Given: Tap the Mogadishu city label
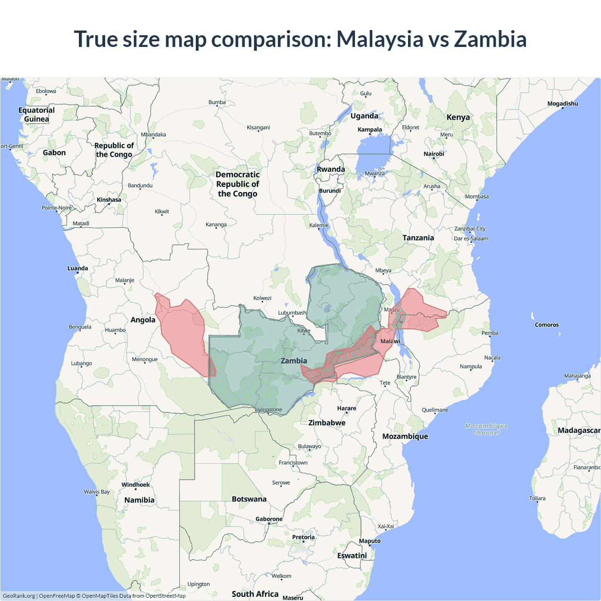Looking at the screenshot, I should [562, 104].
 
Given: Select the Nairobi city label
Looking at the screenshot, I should [433, 154].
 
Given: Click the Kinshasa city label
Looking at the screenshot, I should [109, 200].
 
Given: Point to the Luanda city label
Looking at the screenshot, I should [77, 269].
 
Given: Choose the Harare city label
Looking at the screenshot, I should [347, 408].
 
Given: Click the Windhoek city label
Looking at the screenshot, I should [136, 485].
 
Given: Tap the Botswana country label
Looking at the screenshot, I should [249, 499].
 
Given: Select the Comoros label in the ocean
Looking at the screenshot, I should [547, 325].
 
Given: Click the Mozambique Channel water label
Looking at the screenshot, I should [486, 429].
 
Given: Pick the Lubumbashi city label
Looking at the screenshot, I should [292, 313].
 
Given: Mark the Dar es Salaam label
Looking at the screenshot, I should [471, 239].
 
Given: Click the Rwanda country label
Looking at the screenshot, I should [331, 170].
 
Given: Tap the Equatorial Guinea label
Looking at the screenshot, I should [37, 115].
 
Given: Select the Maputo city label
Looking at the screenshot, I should [370, 541].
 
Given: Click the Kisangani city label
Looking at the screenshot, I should [258, 128].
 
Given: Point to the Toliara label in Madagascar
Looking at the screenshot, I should [537, 499].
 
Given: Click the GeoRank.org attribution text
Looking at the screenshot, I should [19, 596].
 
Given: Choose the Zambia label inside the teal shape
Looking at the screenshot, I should [294, 361].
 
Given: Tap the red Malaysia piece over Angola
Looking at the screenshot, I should [183, 333].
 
